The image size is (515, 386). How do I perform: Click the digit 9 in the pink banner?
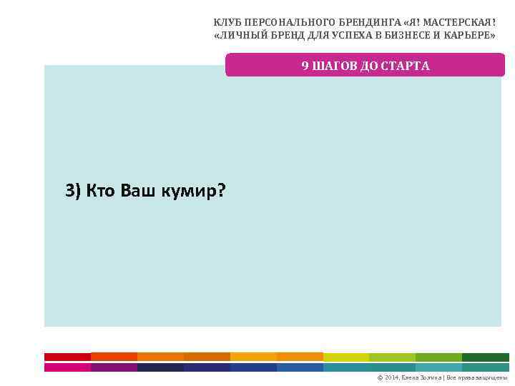pos(305,66)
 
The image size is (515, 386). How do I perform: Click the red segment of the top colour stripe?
pos(67,357)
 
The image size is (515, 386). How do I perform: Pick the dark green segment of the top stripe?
pos(485,357)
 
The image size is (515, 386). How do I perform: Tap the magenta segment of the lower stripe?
pos(67,367)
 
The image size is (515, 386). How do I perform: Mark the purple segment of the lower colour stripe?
pos(114,367)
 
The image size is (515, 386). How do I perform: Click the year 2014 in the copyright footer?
pos(392,377)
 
